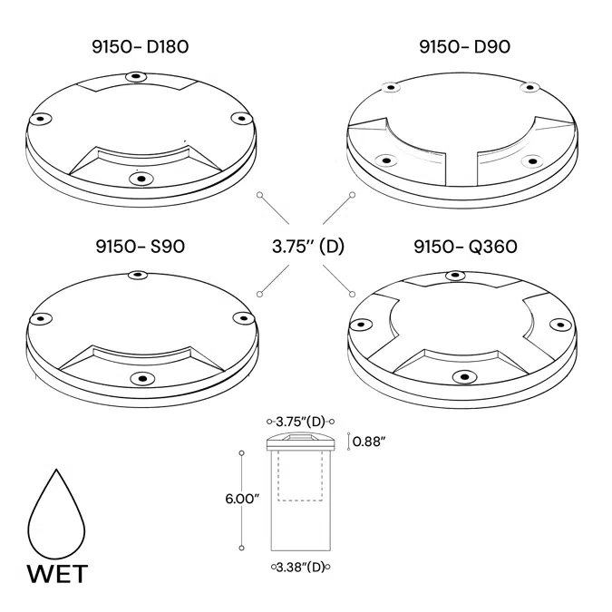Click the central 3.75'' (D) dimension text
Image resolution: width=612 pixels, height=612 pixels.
[x=307, y=246]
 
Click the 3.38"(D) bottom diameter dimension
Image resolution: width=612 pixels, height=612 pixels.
[x=300, y=568]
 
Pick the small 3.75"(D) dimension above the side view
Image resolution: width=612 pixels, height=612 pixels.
[x=301, y=422]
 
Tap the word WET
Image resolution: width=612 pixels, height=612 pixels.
[x=56, y=574]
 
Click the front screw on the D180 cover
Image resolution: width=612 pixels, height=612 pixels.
[x=138, y=178]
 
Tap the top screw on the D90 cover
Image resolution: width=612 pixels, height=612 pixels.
[x=391, y=88]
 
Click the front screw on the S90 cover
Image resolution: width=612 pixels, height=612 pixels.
[x=138, y=377]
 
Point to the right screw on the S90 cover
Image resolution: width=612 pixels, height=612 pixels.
[x=241, y=318]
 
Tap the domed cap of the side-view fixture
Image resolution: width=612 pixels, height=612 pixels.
[x=300, y=442]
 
